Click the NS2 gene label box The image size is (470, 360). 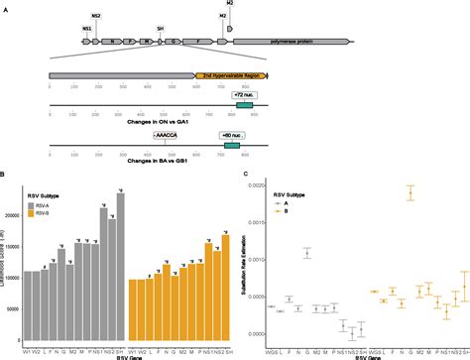coord(96,17)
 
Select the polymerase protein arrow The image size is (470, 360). coord(291,43)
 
